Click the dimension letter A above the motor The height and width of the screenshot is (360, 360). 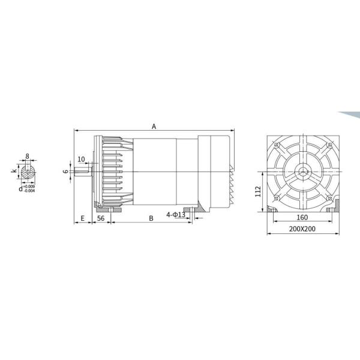pyautogui.click(x=154, y=127)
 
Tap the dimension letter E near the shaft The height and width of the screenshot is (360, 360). pyautogui.click(x=82, y=219)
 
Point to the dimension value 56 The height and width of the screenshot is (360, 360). pyautogui.click(x=101, y=219)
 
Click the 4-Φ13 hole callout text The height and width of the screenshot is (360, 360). pyautogui.click(x=176, y=215)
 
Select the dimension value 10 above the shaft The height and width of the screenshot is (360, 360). pyautogui.click(x=82, y=160)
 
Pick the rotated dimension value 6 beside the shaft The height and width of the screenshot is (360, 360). pyautogui.click(x=66, y=172)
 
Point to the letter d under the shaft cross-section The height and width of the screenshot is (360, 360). pyautogui.click(x=20, y=188)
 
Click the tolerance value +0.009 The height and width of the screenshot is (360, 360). pyautogui.click(x=29, y=186)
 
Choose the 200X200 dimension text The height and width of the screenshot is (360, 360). pyautogui.click(x=302, y=229)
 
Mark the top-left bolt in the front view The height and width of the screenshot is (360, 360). pyautogui.click(x=276, y=146)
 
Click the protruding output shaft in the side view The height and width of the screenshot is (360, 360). pyautogui.click(x=83, y=173)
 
